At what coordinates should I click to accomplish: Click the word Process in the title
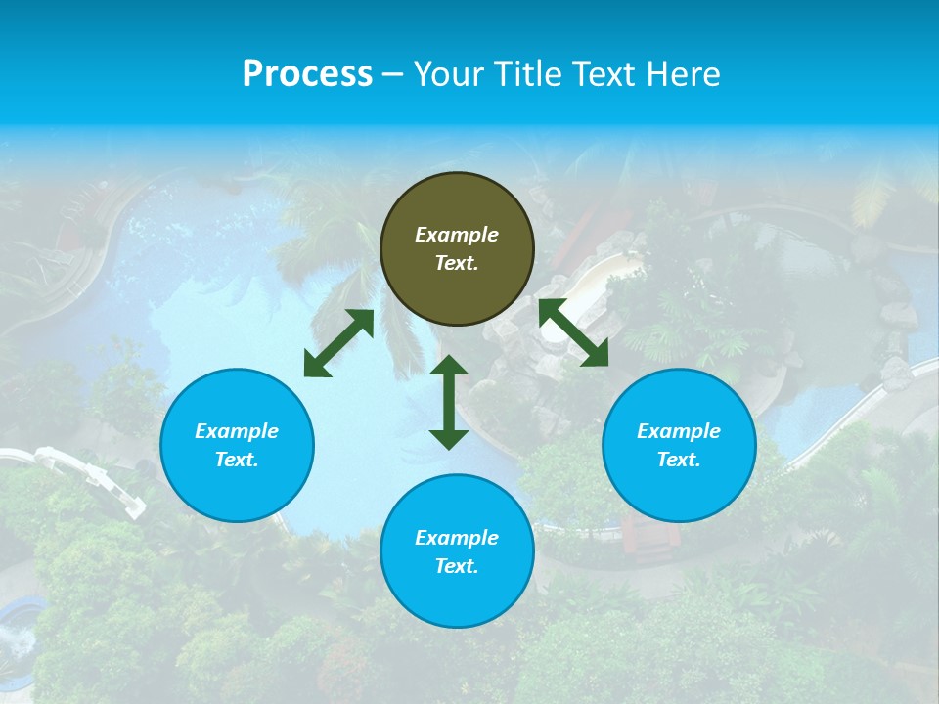pos(307,74)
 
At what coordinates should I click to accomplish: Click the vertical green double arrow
pos(449,402)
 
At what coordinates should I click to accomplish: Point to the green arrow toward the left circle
pos(338,343)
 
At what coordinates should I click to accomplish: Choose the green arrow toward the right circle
pos(573,332)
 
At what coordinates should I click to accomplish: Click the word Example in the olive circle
pos(457,235)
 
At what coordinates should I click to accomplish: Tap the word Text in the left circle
pos(236,460)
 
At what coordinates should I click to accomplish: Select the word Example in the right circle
pos(679,431)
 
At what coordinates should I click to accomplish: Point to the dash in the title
pos(392,74)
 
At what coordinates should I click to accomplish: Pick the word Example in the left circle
pos(237,431)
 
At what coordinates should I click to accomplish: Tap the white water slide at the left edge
pos(88,474)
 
